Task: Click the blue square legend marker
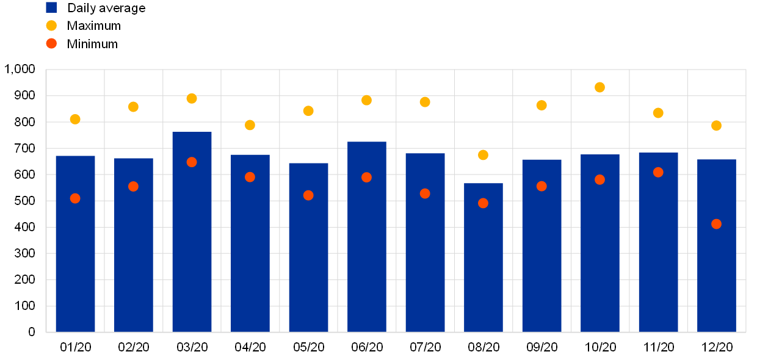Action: click(51, 7)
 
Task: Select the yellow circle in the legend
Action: click(51, 26)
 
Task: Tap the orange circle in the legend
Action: click(51, 43)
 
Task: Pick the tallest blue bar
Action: click(192, 232)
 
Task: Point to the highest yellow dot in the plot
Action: click(599, 87)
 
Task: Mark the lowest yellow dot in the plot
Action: click(483, 155)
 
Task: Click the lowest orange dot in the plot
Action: click(716, 224)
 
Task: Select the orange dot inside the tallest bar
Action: click(192, 162)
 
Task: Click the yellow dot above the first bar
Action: click(75, 119)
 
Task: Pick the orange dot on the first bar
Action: click(75, 198)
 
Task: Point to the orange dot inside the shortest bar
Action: click(483, 203)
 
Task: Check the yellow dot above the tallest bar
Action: click(192, 98)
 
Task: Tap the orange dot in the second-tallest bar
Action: click(366, 178)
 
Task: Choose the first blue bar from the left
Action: click(75, 244)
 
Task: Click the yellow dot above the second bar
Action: click(133, 107)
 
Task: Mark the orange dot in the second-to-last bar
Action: click(658, 173)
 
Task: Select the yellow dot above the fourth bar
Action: click(250, 125)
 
